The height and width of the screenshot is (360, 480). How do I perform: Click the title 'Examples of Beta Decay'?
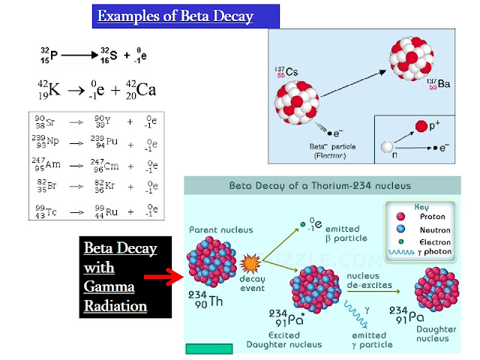coord(175,16)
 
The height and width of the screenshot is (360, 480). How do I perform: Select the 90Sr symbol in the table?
coord(44,121)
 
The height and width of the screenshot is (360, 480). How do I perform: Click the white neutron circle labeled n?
coord(387,147)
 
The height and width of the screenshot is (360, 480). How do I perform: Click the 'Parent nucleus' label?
coord(220,230)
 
